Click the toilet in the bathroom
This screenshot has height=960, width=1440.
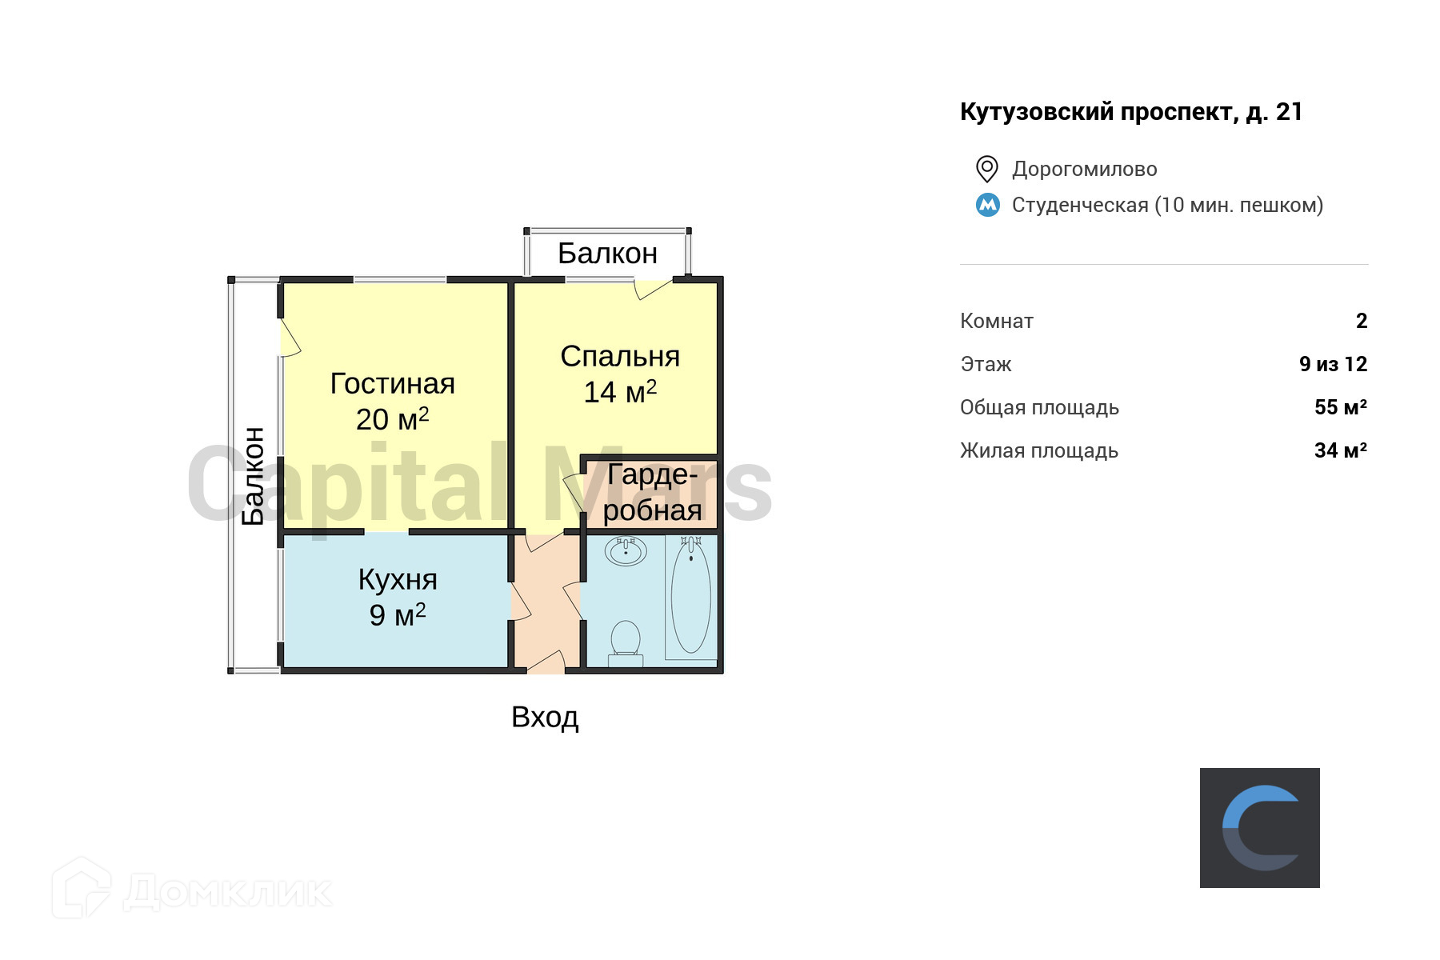click(626, 642)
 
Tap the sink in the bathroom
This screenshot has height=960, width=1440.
click(626, 550)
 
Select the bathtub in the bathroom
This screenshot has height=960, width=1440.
click(691, 596)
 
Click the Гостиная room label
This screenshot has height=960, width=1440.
click(392, 384)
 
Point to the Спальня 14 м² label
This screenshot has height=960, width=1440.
click(620, 374)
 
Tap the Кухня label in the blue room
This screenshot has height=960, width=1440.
click(398, 580)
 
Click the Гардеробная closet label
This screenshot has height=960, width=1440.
click(652, 492)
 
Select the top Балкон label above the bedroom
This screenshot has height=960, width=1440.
click(607, 254)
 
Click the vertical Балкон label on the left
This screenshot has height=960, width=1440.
click(253, 476)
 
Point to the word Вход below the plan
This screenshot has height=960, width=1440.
click(545, 718)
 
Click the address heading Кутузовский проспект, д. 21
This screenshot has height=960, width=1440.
click(1131, 112)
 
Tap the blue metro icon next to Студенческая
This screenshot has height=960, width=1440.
click(988, 205)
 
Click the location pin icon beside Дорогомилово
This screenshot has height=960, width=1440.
click(987, 169)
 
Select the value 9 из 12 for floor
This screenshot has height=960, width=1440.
click(1333, 364)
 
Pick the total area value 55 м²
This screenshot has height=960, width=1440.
click(1340, 407)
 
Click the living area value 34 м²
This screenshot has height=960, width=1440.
click(1340, 450)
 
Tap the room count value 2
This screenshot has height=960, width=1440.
click(1362, 321)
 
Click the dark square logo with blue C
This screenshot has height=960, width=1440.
click(1260, 828)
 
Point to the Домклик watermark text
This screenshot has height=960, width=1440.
click(228, 891)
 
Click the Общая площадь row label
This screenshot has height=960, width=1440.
click(1039, 407)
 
